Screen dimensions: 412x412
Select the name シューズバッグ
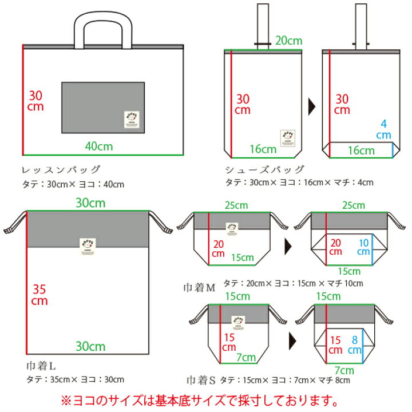coord(264,170)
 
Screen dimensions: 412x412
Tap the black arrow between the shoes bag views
coord(312,106)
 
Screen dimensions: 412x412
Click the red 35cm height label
coord(39,295)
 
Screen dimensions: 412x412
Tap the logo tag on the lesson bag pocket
coord(131,117)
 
